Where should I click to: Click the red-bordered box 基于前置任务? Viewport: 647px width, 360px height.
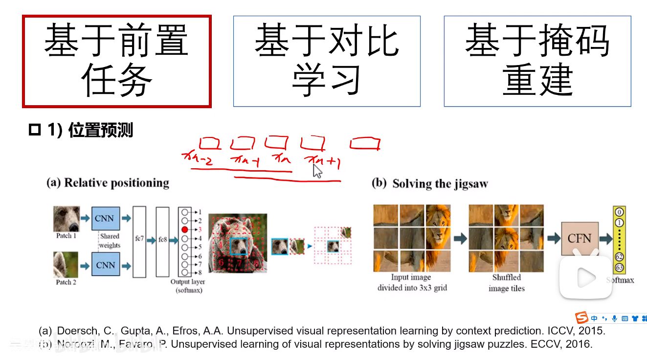(x=116, y=62)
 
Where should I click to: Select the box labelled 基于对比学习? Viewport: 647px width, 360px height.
(x=327, y=62)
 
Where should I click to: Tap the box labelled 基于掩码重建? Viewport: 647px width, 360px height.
(x=537, y=62)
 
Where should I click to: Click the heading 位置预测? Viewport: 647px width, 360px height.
(x=100, y=131)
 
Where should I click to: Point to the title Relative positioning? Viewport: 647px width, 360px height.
(x=116, y=183)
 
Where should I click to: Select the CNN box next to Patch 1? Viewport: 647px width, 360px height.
(x=105, y=218)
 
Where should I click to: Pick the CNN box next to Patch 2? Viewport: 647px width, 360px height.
(x=105, y=265)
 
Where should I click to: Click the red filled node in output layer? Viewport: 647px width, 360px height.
(x=184, y=229)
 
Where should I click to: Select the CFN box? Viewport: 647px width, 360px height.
(x=579, y=239)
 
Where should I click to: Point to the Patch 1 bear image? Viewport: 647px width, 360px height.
(x=66, y=219)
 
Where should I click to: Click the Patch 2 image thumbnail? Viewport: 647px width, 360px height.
(x=66, y=265)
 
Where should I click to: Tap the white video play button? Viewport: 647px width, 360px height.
(x=585, y=278)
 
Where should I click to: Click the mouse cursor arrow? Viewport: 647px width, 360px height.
(x=317, y=171)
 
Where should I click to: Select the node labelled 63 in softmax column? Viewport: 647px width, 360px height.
(x=619, y=268)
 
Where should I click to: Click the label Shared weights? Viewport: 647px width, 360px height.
(x=110, y=241)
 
